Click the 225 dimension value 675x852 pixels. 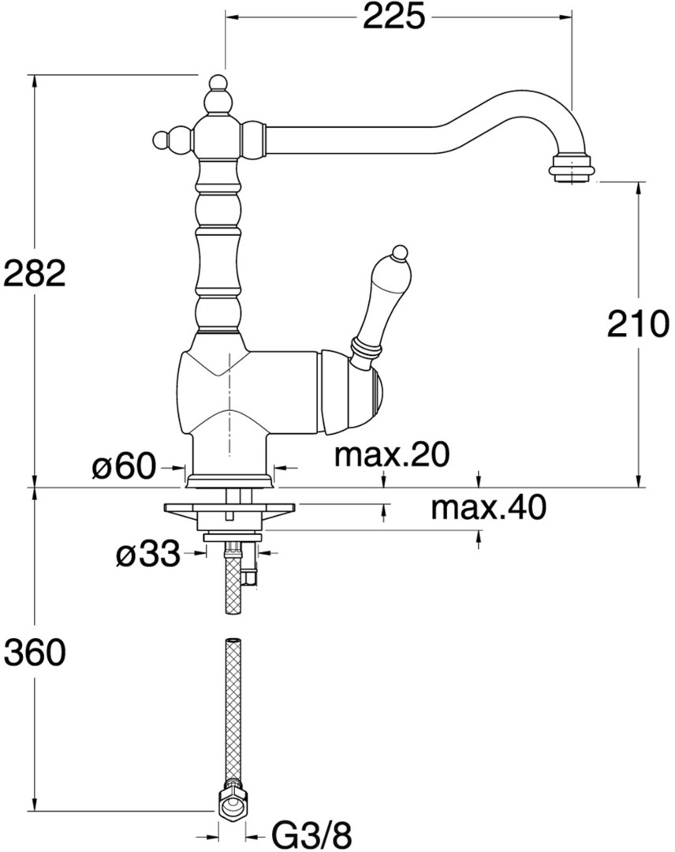[393, 17]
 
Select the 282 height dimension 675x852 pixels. [34, 273]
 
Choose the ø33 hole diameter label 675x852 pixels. [147, 554]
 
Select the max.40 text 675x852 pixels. [488, 507]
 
